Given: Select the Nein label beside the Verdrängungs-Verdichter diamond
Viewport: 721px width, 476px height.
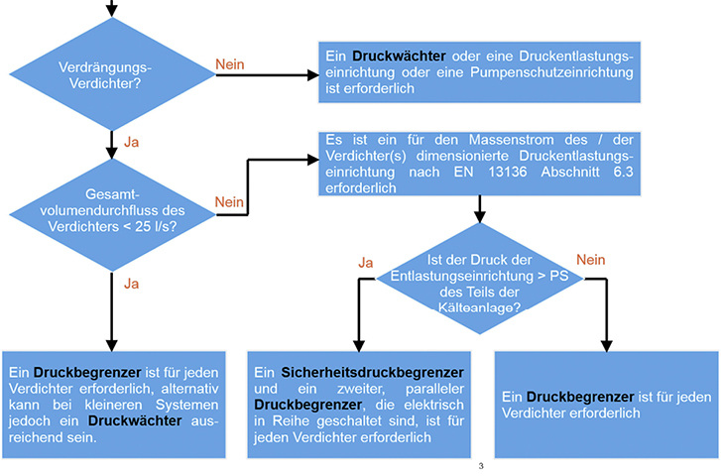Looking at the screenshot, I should pyautogui.click(x=230, y=64).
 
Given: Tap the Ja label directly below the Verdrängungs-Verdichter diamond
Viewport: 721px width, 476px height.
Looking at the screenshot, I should pyautogui.click(x=132, y=143).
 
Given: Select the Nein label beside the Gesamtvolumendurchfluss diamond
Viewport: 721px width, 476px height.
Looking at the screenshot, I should pyautogui.click(x=230, y=202).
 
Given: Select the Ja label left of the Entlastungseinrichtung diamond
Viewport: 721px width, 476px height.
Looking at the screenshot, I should pyautogui.click(x=365, y=262).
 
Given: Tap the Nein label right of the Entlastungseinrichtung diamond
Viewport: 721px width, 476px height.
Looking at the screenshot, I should pyautogui.click(x=591, y=260).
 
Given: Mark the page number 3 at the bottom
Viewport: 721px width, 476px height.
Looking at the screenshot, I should pyautogui.click(x=480, y=466).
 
